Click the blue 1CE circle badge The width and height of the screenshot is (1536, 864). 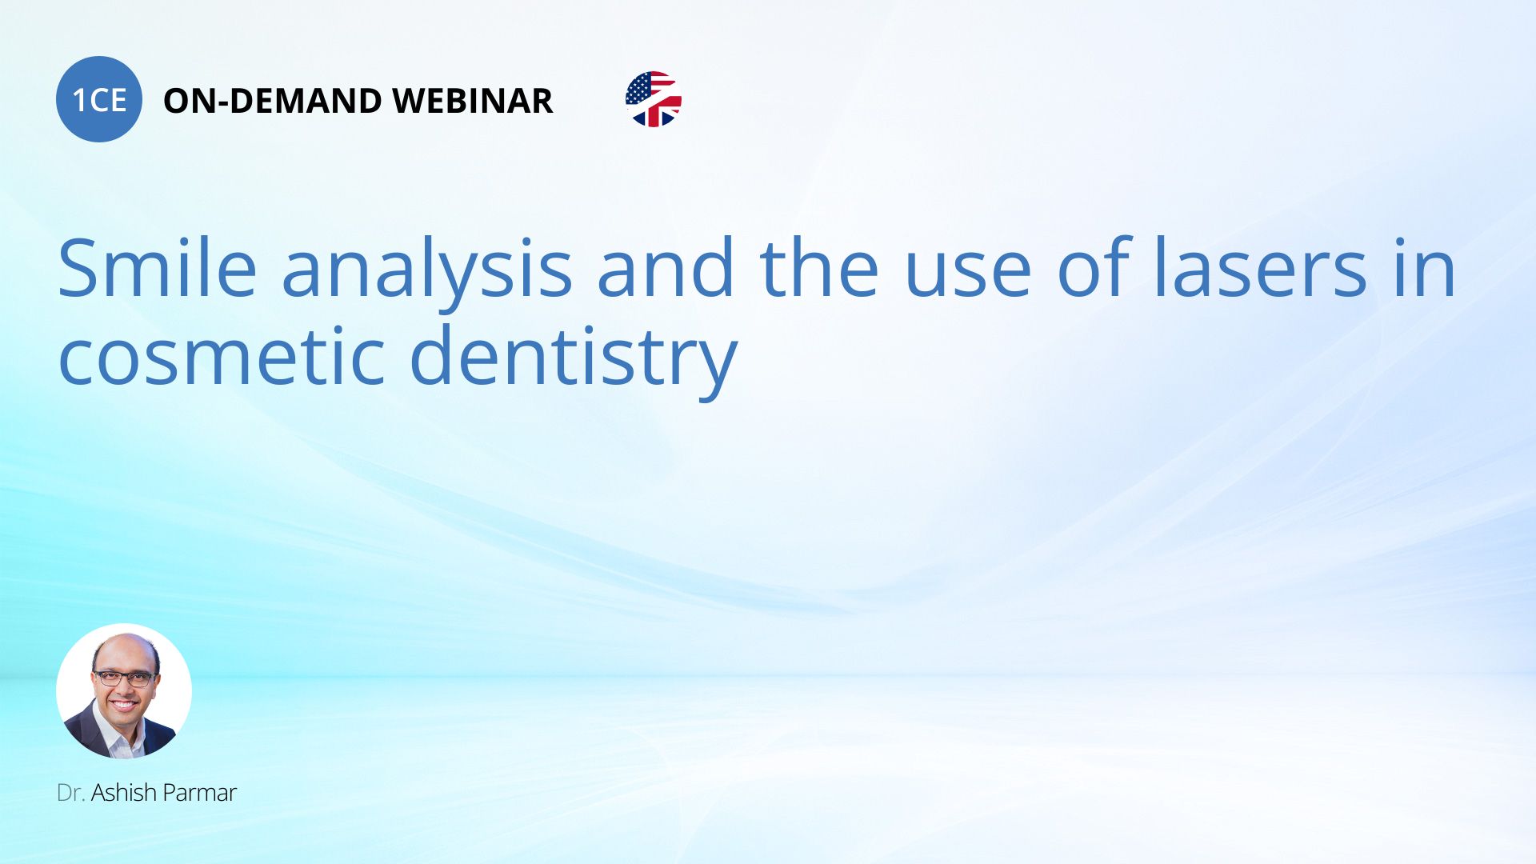(99, 99)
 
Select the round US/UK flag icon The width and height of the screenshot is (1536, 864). (654, 99)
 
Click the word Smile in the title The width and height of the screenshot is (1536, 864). (158, 268)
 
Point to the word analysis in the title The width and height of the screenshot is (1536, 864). (427, 272)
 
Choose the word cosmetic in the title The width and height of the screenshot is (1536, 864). (223, 356)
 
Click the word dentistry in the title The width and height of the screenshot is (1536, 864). (573, 360)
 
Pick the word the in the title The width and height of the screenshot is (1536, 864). (819, 268)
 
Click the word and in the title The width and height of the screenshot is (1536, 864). (666, 268)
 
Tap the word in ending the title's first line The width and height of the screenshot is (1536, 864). (1424, 268)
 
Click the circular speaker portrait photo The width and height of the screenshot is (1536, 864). (124, 691)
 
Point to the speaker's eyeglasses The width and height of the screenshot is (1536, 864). (124, 678)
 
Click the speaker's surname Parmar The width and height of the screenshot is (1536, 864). (200, 793)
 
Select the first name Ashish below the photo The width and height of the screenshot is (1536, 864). (124, 793)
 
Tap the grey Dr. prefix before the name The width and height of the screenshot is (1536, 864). (71, 793)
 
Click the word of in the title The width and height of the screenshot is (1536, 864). (1094, 268)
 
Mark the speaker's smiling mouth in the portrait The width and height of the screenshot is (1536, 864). (124, 706)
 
